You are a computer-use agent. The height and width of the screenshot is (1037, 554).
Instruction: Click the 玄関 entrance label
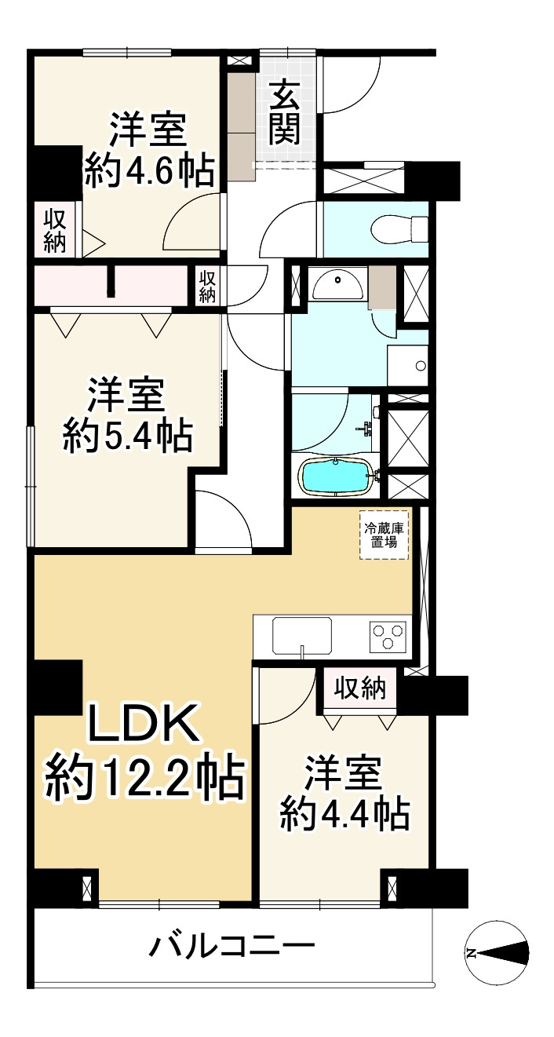(285, 114)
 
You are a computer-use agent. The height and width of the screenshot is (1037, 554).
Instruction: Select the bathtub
(335, 476)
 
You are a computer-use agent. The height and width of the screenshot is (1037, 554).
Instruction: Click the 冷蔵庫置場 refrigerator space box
(385, 535)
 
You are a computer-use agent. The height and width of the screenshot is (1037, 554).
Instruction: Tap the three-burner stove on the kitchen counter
(388, 634)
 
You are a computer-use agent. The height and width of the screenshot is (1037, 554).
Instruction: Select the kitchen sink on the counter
(302, 634)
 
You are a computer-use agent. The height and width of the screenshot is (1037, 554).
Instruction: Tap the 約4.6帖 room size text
(149, 170)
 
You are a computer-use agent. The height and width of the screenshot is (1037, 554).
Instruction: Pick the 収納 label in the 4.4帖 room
(361, 688)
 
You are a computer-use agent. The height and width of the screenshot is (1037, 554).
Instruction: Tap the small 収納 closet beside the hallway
(207, 285)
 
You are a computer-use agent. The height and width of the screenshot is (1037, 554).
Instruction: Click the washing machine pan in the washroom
(408, 365)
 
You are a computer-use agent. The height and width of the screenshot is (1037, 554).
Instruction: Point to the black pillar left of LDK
(57, 688)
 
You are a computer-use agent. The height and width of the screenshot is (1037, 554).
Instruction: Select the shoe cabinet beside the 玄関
(243, 126)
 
